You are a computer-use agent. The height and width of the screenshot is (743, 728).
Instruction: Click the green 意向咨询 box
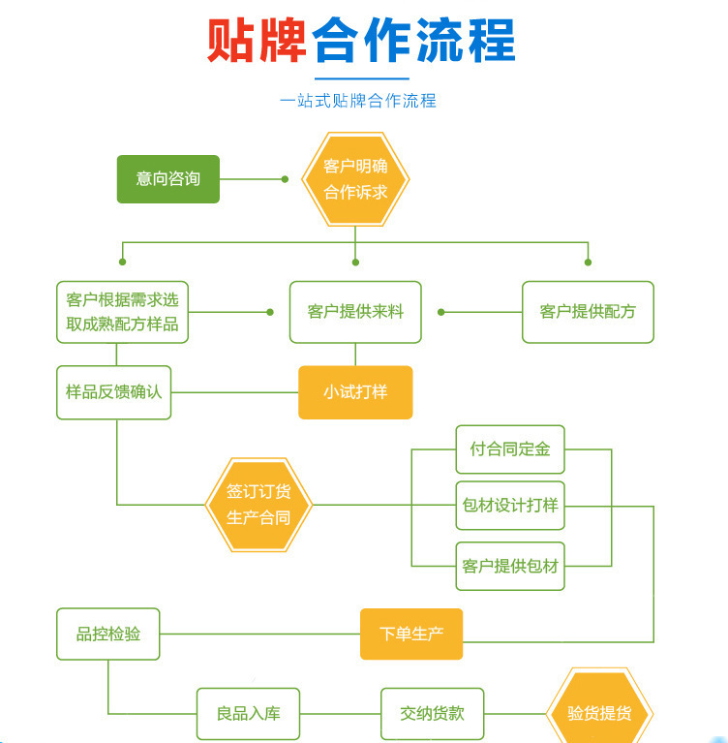pos(168,179)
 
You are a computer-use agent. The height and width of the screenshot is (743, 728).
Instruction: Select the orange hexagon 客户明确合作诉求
pos(355,179)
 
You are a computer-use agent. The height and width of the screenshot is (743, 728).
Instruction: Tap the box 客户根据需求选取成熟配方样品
pos(122,312)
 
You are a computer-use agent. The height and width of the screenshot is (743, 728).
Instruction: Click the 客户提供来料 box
pos(355,312)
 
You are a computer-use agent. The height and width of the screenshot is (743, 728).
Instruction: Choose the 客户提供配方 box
pos(588,312)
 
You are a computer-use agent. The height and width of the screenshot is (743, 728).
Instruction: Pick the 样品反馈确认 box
pos(113,392)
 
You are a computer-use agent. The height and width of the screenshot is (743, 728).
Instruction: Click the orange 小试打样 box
pos(355,392)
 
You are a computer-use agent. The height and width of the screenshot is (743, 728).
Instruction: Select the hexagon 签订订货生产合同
pos(258,504)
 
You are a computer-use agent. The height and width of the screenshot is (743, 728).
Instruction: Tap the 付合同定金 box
pos(510,449)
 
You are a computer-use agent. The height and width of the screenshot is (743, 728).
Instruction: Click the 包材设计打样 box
pos(510,505)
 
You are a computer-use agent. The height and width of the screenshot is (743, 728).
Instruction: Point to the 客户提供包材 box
pos(510,567)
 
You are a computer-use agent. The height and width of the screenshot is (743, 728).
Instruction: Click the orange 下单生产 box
pos(411,634)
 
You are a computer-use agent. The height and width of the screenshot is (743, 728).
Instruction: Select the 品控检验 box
pos(108,634)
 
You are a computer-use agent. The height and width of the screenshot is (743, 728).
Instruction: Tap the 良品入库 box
pos(248,714)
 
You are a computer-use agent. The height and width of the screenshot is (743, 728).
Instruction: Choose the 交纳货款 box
pos(432,714)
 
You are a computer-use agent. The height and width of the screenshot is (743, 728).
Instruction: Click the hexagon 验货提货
pos(600,714)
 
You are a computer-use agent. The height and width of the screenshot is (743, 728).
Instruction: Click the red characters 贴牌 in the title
pos(258,41)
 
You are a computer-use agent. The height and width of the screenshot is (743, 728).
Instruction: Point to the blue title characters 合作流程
pos(414,41)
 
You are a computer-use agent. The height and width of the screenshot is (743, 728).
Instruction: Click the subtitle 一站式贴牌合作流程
pos(358,101)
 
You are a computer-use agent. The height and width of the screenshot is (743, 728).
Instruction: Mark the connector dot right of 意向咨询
pos(285,179)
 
